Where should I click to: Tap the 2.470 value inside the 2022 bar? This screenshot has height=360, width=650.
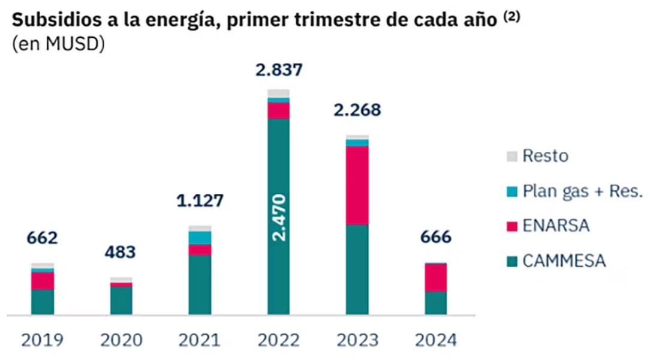click(x=279, y=217)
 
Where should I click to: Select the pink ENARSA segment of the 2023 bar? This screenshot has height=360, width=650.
click(x=357, y=185)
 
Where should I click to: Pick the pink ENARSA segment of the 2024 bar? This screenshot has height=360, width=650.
click(x=436, y=277)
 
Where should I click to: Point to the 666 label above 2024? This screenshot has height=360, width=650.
click(x=436, y=237)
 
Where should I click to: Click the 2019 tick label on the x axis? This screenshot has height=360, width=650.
click(x=43, y=340)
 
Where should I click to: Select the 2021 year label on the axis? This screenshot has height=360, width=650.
click(x=200, y=340)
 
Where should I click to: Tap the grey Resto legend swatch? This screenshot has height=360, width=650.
click(x=511, y=157)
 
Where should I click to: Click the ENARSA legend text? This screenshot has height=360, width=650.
click(x=556, y=226)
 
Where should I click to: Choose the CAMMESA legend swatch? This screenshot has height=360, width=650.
click(x=511, y=262)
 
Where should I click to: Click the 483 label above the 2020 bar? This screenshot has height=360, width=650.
click(x=121, y=251)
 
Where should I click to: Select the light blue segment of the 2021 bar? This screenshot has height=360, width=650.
click(x=200, y=238)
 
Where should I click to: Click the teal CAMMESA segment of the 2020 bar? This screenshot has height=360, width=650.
click(x=121, y=300)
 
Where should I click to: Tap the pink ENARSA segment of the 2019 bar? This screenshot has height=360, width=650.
click(x=43, y=281)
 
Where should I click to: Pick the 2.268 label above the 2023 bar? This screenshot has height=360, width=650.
click(x=357, y=111)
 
